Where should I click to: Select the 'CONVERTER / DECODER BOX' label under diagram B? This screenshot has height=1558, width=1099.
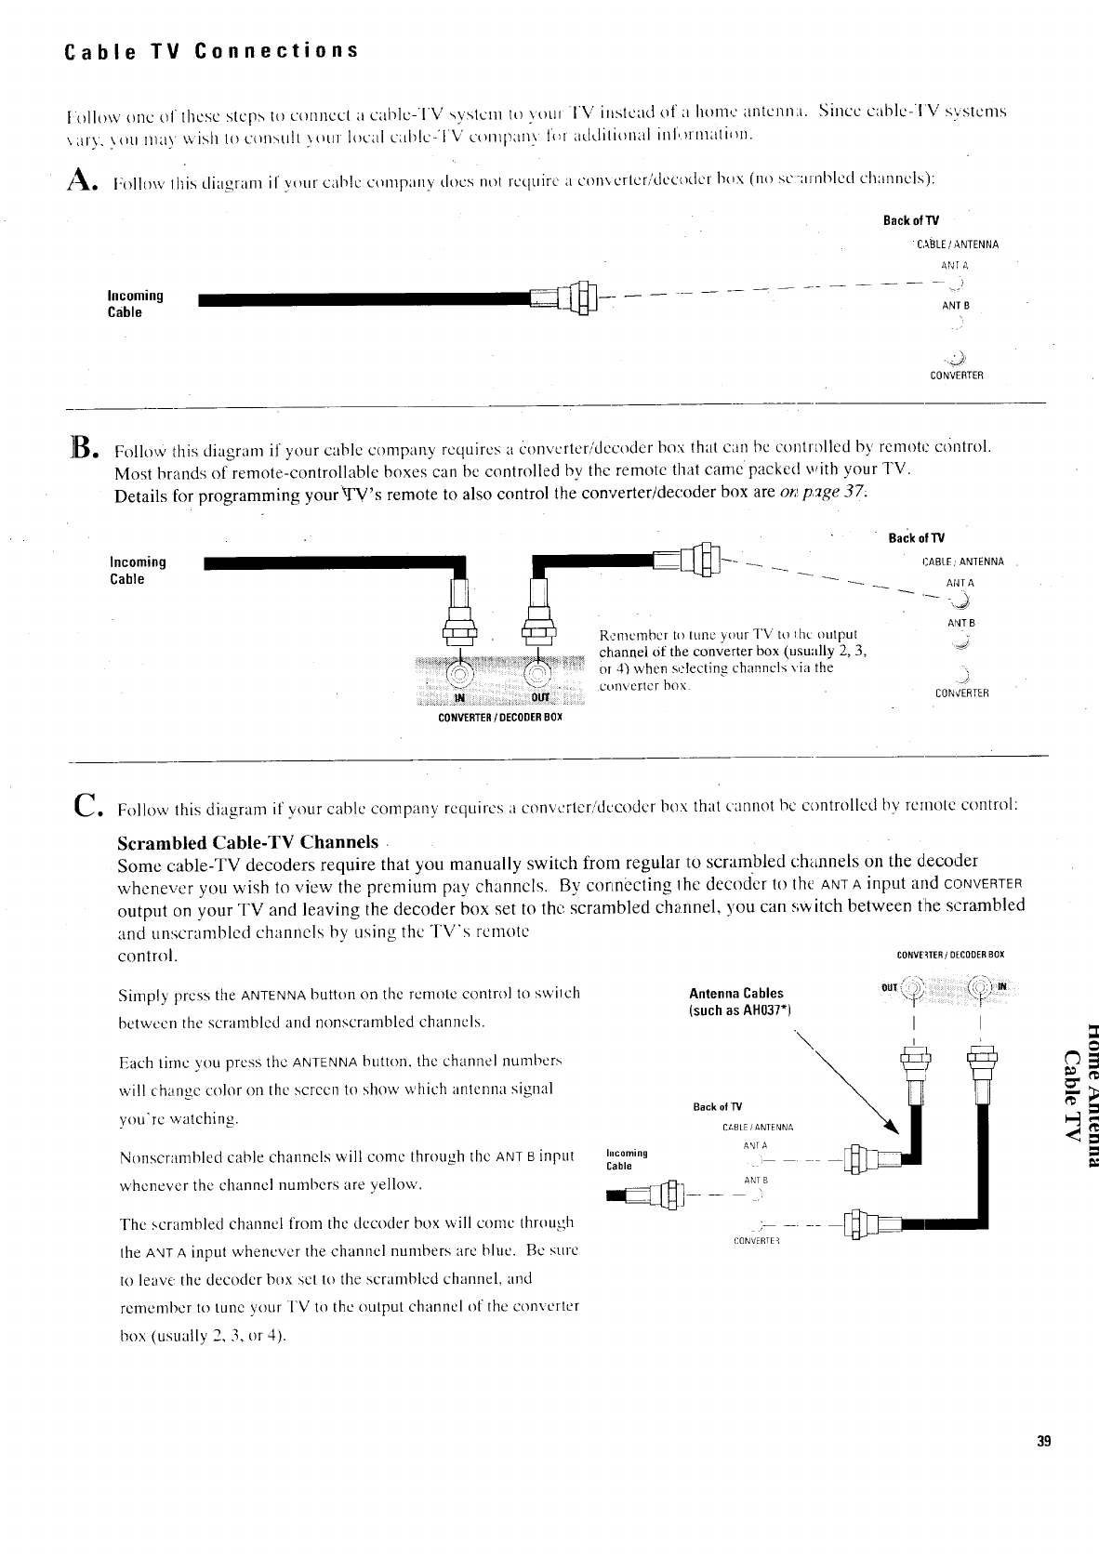pos(500,719)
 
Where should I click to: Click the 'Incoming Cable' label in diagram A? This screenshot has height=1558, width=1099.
pos(136,304)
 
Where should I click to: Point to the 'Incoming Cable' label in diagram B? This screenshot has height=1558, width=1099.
pos(138,571)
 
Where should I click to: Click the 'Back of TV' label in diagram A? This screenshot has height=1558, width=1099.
pos(911,220)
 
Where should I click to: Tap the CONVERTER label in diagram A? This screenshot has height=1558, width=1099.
pos(956,376)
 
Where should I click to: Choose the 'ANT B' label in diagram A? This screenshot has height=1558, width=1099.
pos(956,305)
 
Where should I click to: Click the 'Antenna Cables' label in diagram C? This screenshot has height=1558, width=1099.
pos(735,994)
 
